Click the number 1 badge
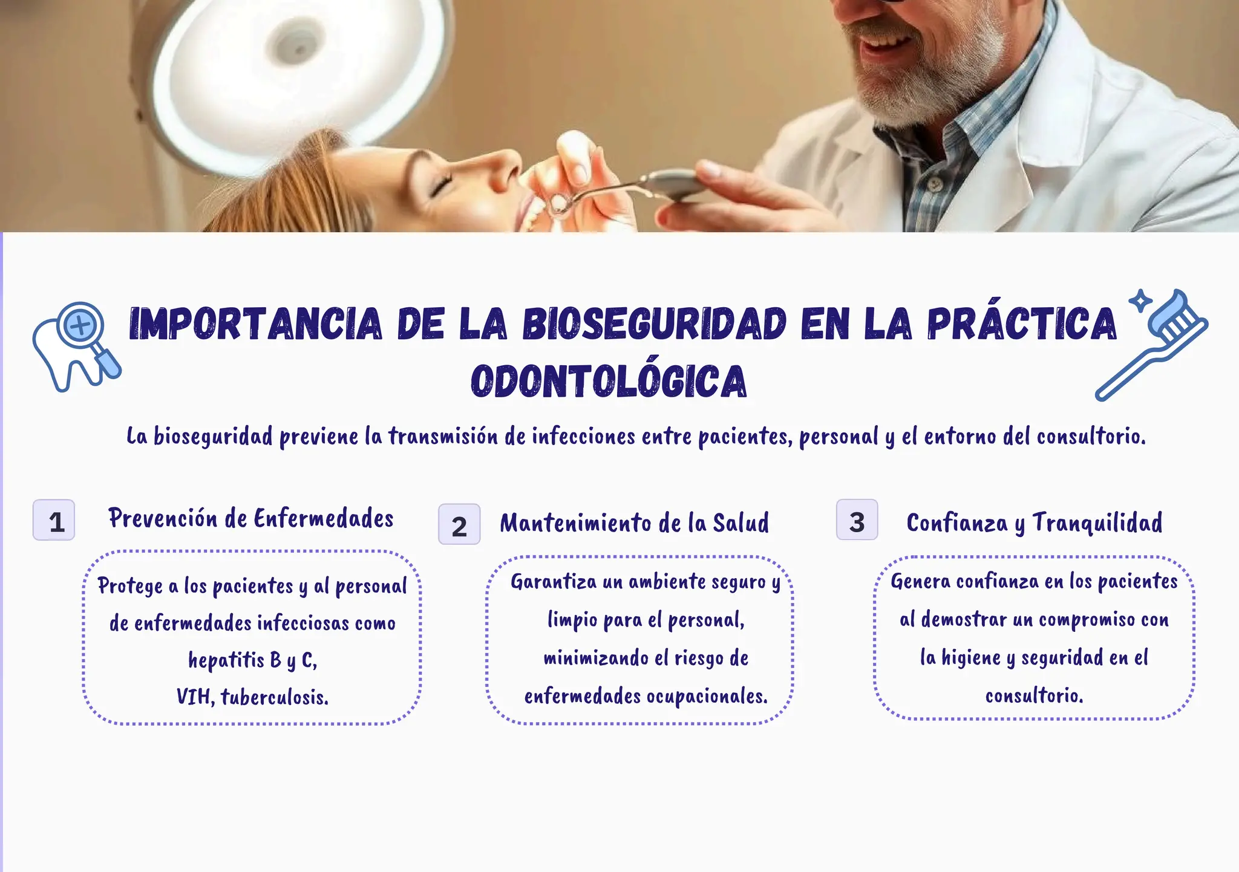[54, 520]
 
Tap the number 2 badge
[459, 524]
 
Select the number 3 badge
[857, 520]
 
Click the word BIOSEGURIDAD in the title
[655, 324]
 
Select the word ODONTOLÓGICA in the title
[609, 382]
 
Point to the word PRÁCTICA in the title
[1022, 324]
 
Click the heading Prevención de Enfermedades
[251, 519]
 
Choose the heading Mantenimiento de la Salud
[634, 524]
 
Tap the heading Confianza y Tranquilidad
[1034, 523]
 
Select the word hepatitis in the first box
[226, 660]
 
